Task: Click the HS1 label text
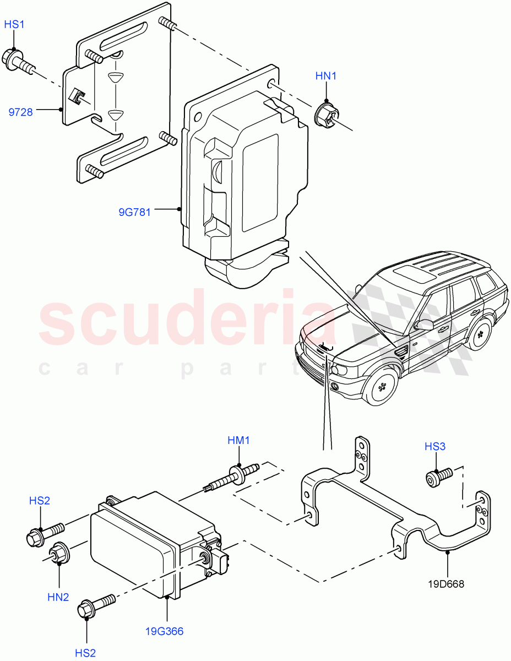tap(15, 25)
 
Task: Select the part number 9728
tap(20, 112)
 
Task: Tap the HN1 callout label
tap(325, 76)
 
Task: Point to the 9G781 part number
tap(134, 212)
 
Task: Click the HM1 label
tap(239, 440)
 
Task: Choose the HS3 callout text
tap(434, 446)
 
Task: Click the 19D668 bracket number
tap(447, 584)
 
